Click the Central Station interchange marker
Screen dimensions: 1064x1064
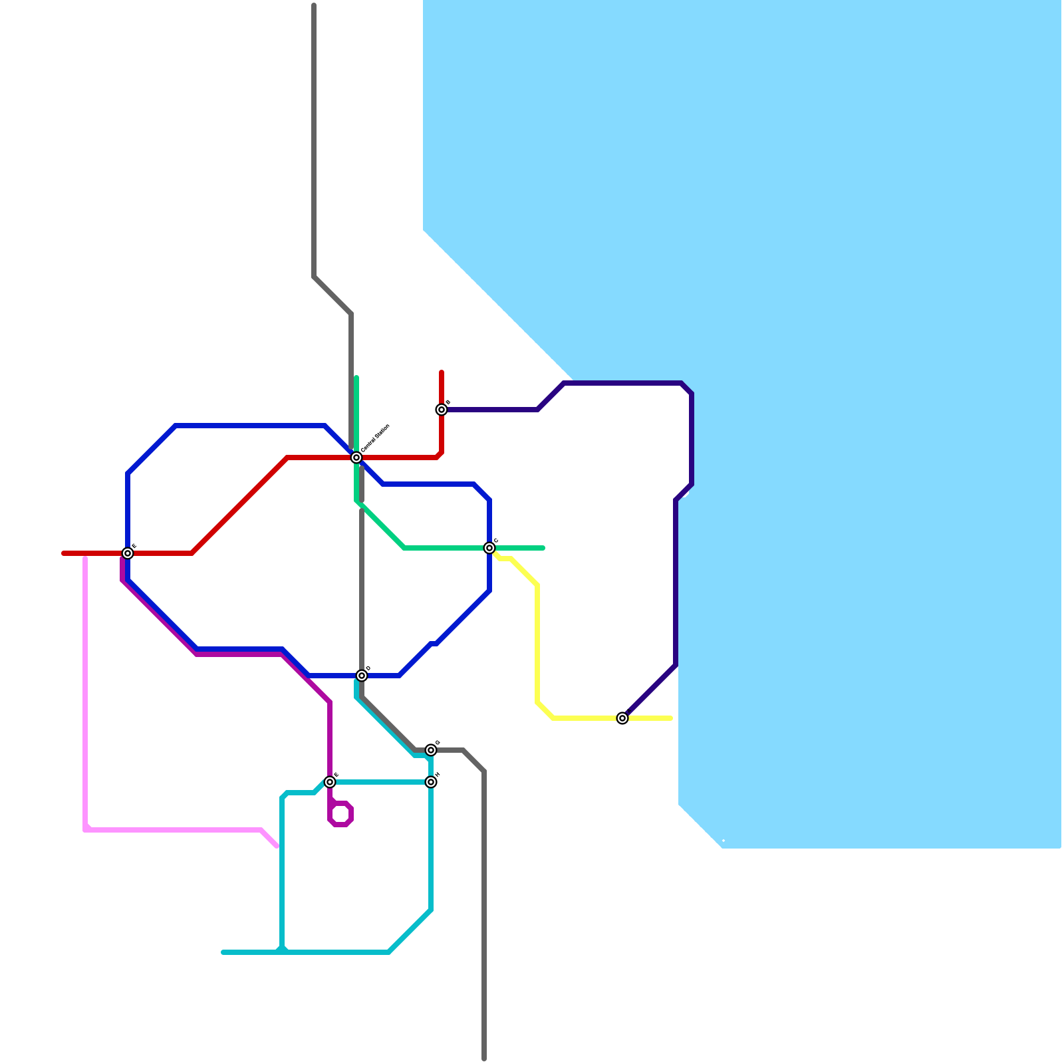click(x=356, y=458)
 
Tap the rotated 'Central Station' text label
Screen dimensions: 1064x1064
click(x=375, y=439)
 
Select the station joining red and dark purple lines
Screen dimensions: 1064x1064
click(x=442, y=410)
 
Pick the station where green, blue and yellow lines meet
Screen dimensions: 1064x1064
click(x=489, y=548)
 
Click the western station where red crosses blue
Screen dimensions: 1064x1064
click(x=128, y=553)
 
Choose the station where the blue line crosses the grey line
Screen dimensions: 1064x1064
click(x=362, y=676)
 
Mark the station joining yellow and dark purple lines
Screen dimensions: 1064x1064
click(x=622, y=718)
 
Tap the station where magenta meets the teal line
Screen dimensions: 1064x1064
click(x=330, y=782)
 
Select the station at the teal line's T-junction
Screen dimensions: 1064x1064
click(x=431, y=782)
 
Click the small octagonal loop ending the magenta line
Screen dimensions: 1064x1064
click(x=340, y=814)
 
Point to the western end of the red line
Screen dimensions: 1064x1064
click(x=63, y=553)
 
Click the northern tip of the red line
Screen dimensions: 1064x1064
click(x=442, y=372)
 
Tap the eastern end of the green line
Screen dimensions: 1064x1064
click(x=543, y=548)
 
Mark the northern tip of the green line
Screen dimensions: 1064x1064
click(x=356, y=378)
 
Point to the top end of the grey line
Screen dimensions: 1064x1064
click(x=314, y=5)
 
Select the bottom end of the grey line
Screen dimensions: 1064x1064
click(x=484, y=1058)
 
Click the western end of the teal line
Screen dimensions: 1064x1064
click(x=223, y=952)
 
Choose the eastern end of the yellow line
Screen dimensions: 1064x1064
click(x=671, y=718)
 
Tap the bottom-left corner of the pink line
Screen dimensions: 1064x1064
click(x=86, y=829)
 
